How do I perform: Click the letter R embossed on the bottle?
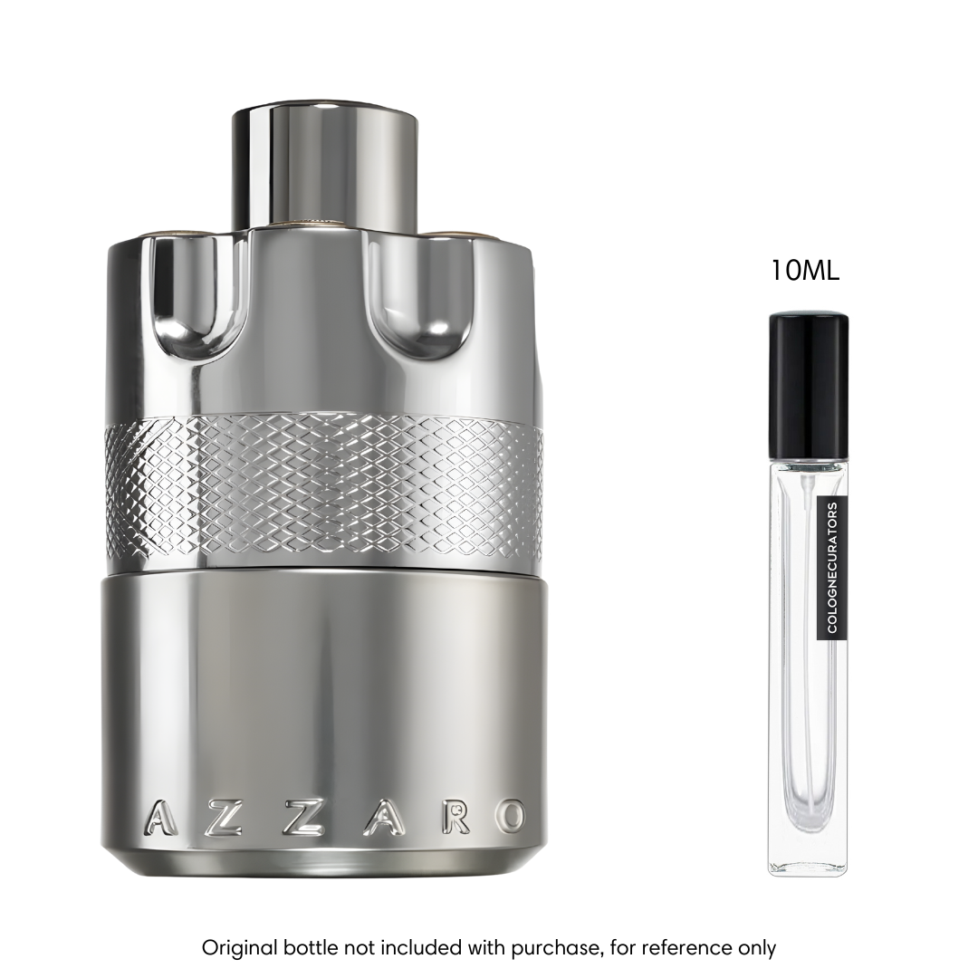tap(455, 818)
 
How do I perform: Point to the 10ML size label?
tap(805, 271)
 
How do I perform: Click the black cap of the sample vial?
tap(808, 386)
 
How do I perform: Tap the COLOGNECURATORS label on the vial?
tap(832, 567)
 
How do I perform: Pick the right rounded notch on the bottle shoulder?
tap(421, 298)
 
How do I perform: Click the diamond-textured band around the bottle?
tap(324, 489)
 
